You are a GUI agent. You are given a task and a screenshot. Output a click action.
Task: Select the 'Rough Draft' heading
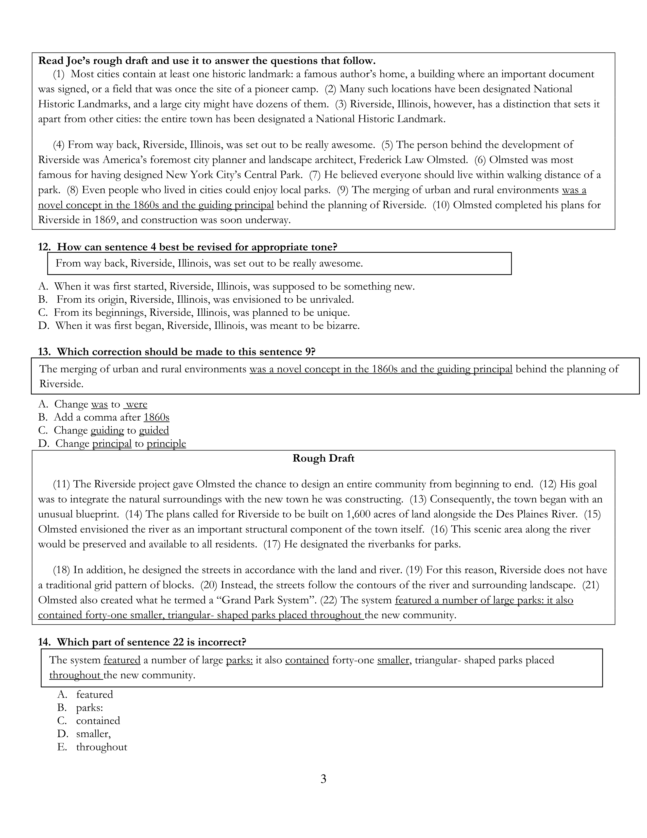coord(323,459)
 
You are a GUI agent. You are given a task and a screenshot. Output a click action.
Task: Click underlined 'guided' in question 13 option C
coord(154,430)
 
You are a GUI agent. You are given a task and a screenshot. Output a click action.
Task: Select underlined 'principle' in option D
coord(166,444)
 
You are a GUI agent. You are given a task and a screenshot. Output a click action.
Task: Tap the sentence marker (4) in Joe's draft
coord(59,145)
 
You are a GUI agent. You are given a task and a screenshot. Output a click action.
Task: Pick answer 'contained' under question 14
coord(98,721)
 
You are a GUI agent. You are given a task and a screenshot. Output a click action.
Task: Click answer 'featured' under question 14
coord(95,695)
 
